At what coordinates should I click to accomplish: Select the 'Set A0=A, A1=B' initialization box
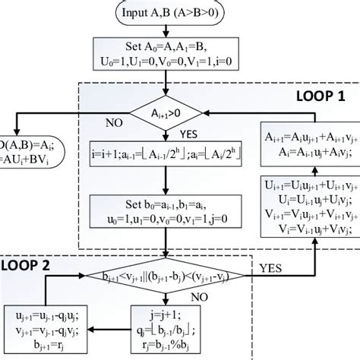pos(164,58)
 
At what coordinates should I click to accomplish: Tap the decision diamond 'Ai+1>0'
pos(165,114)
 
